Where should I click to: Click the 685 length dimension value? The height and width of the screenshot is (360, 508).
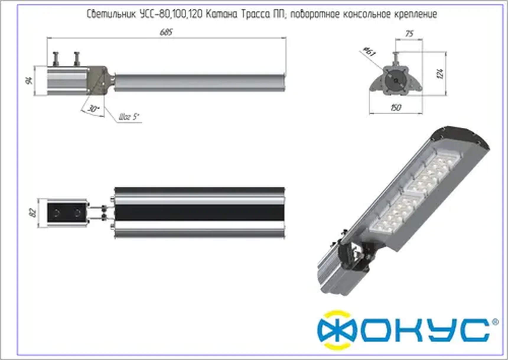click(x=166, y=32)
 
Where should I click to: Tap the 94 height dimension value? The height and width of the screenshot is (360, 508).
click(x=30, y=80)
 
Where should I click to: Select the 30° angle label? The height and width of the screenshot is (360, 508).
click(x=93, y=109)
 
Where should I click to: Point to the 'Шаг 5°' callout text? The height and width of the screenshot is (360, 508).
click(x=129, y=117)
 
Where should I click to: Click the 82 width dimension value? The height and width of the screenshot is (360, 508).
click(x=33, y=213)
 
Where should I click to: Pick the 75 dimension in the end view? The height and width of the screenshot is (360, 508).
click(x=409, y=34)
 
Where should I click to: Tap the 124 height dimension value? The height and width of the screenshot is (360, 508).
click(x=440, y=74)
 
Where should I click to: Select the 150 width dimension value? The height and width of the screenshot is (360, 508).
click(x=396, y=108)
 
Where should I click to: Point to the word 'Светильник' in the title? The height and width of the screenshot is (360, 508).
click(x=111, y=14)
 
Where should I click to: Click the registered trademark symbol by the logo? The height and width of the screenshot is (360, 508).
click(x=496, y=322)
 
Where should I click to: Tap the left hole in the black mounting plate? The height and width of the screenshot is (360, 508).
click(x=56, y=213)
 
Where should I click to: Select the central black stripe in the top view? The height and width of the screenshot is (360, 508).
click(x=199, y=213)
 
